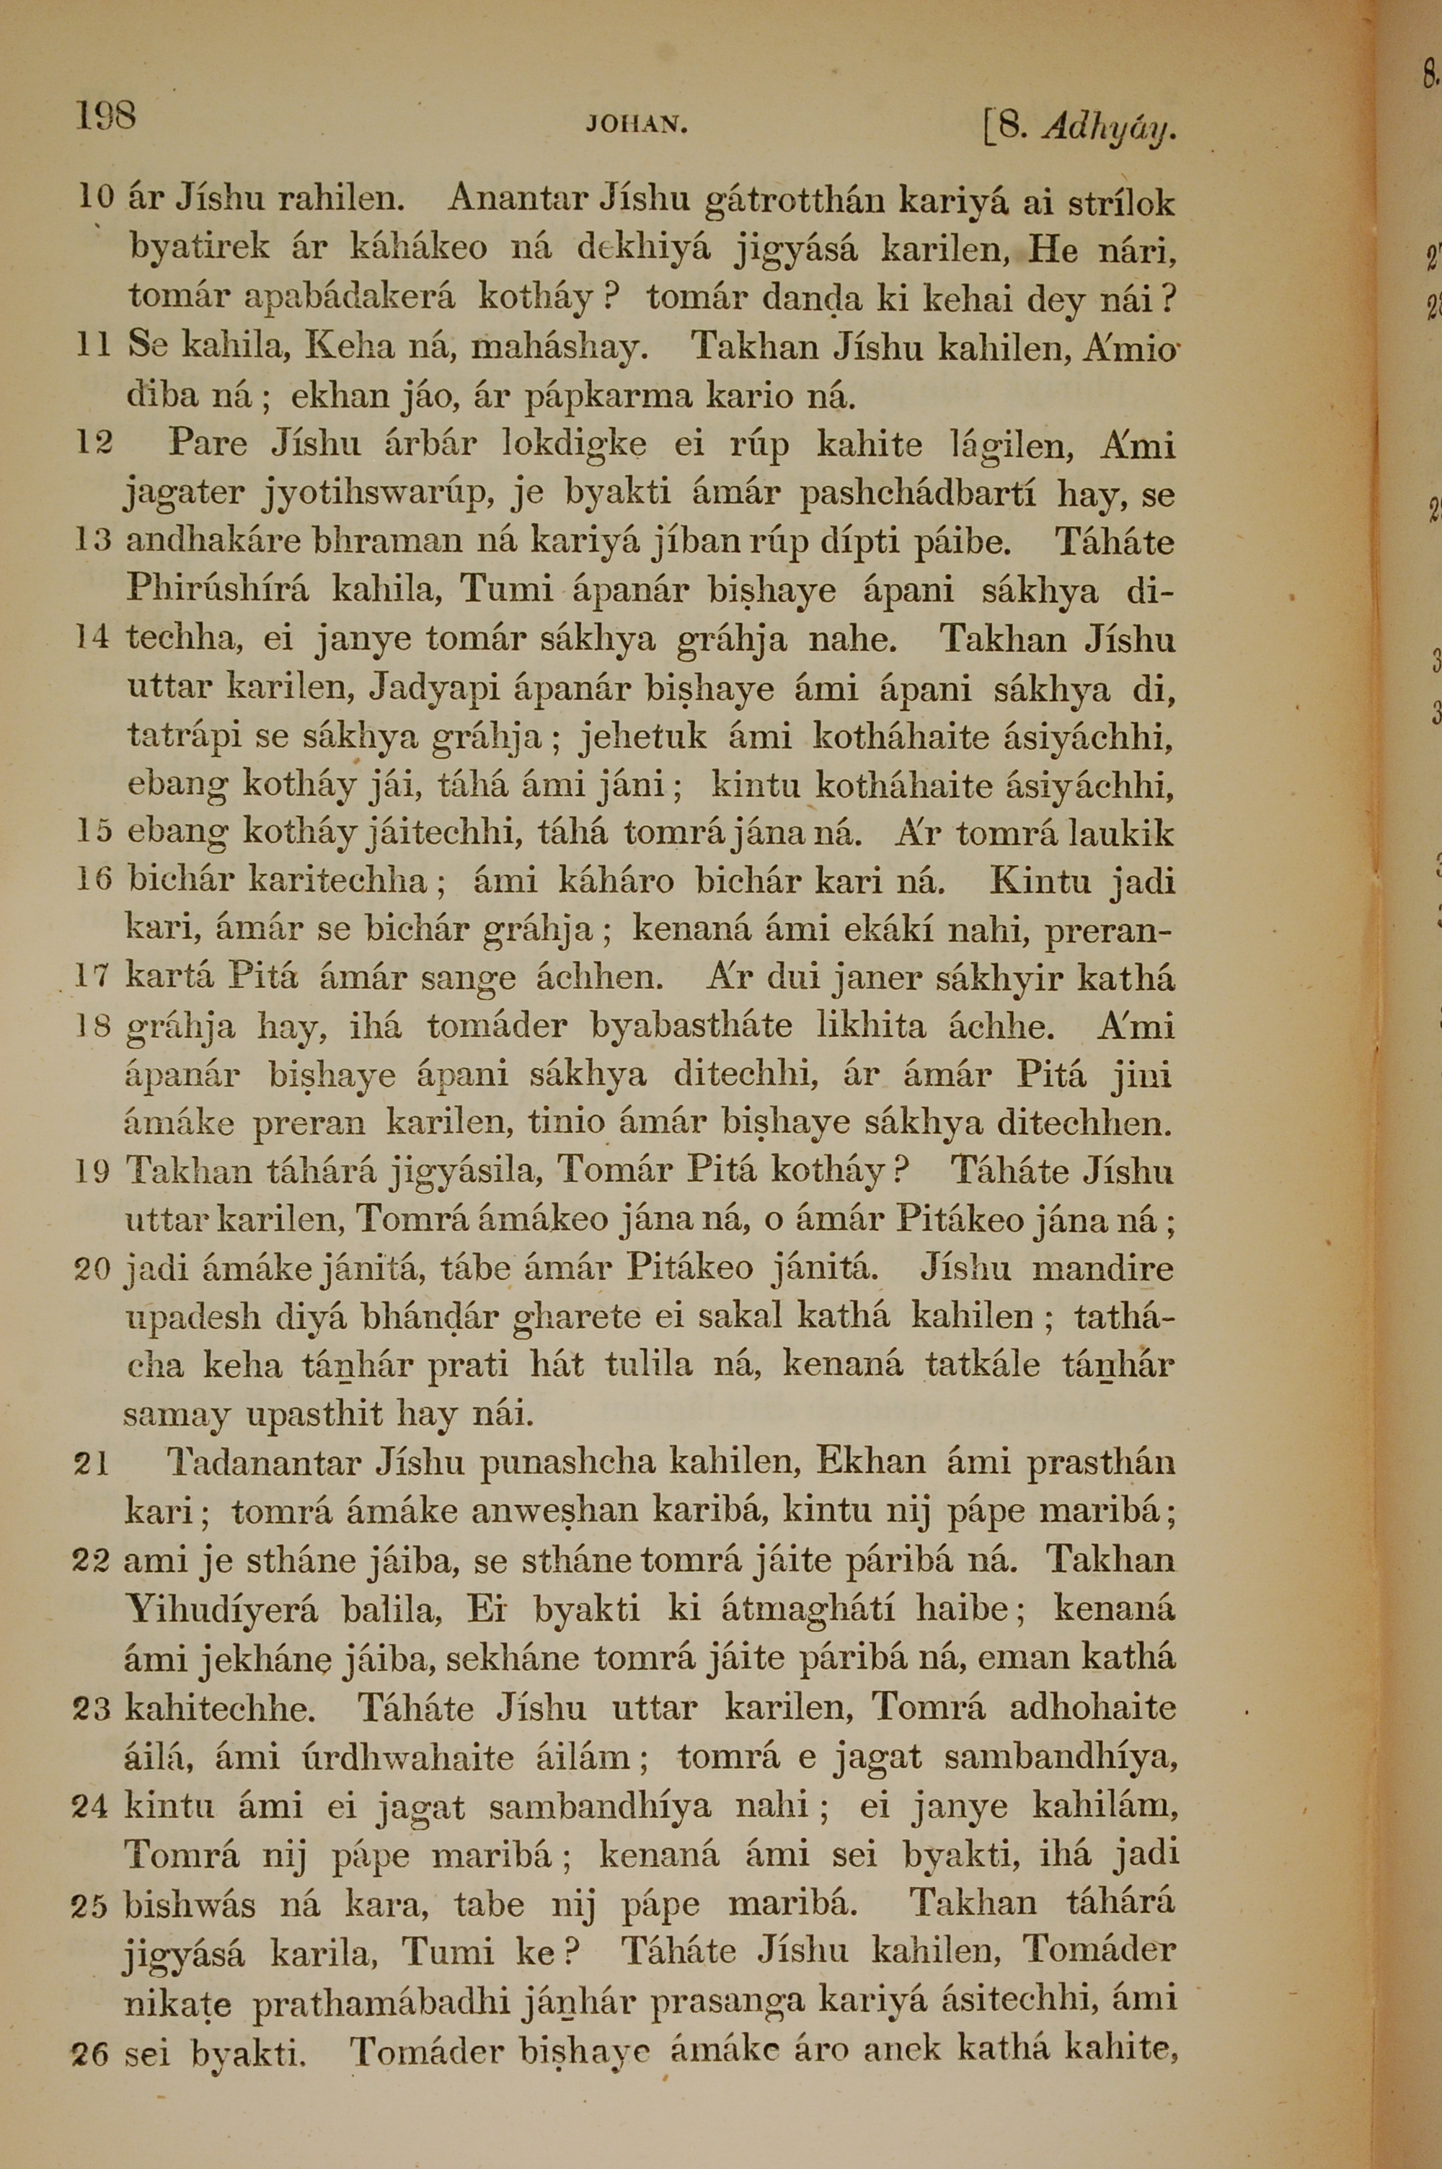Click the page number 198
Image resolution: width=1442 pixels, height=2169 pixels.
[x=106, y=117]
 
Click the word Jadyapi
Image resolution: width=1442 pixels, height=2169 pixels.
[x=437, y=689]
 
